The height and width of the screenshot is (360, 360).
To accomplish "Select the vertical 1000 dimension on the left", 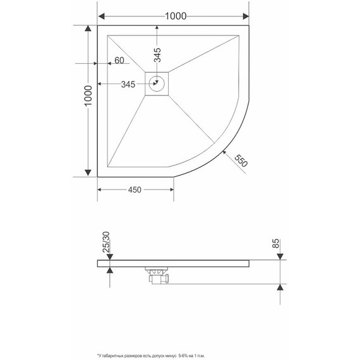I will (x=88, y=101).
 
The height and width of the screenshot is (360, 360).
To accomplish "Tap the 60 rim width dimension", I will (x=118, y=61).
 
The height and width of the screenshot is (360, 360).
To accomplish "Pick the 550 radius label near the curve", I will (x=240, y=160).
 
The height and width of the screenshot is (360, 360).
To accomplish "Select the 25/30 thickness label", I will (x=106, y=243).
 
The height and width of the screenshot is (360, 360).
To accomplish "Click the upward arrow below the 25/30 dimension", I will (x=111, y=270).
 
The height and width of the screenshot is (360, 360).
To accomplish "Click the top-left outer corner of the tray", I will (x=98, y=27).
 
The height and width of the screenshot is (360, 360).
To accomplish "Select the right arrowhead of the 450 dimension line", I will (x=171, y=189).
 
